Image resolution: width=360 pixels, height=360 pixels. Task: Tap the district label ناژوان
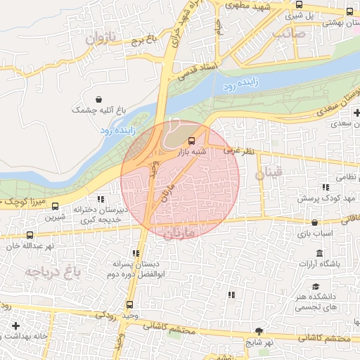tap(98, 38)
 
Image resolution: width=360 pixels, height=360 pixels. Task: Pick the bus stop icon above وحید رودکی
tap(129, 305)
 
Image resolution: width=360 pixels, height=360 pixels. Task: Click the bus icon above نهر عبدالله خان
tap(30, 235)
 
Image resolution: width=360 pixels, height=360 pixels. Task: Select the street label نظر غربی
tap(238, 151)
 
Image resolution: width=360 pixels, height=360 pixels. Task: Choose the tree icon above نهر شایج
tap(259, 330)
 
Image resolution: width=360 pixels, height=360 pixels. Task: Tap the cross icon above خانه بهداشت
tap(15, 326)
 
